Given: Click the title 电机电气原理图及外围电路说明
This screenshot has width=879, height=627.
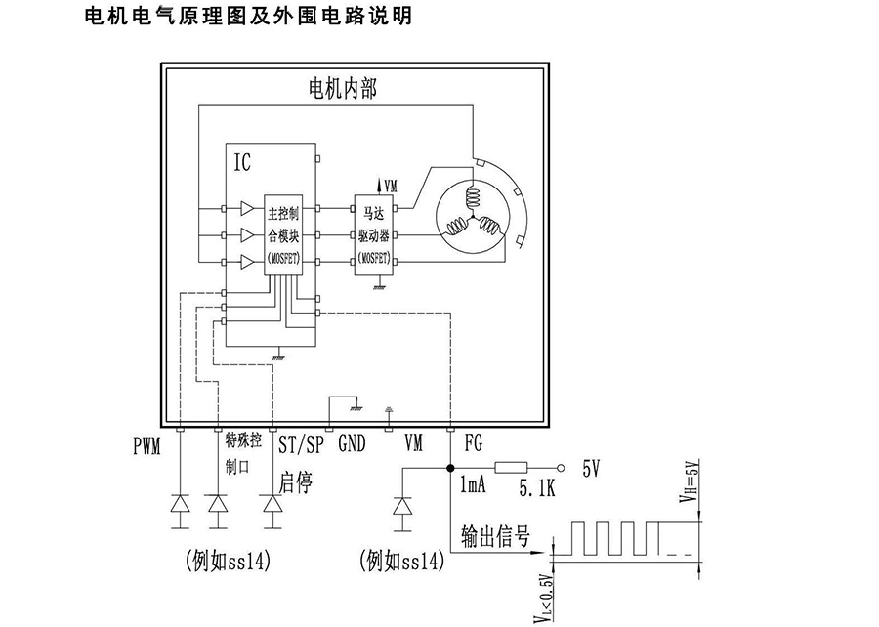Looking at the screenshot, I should tap(249, 17).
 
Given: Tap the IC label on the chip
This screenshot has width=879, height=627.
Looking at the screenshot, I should tap(242, 162).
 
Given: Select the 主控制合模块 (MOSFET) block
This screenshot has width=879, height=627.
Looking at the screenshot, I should tap(282, 234).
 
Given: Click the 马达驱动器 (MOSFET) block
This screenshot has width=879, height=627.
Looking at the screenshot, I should tap(374, 235).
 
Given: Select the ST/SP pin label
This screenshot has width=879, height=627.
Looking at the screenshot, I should tap(301, 445).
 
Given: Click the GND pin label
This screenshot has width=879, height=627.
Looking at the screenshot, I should tap(352, 444).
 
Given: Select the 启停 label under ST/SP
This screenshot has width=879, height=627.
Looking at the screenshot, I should tap(296, 481).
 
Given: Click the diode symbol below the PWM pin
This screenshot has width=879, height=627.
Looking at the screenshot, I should tap(181, 504).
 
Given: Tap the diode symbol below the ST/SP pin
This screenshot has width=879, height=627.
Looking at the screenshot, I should tap(272, 504).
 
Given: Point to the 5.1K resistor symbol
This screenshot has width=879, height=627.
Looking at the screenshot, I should tap(513, 469).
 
